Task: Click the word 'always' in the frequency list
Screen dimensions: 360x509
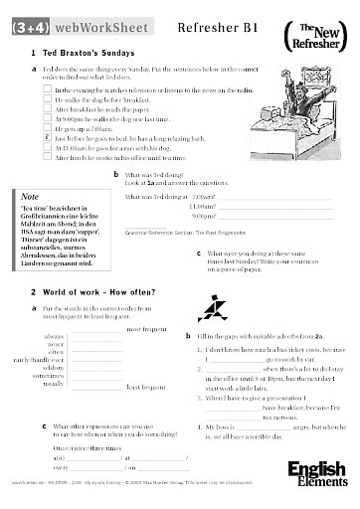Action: [55, 337]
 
